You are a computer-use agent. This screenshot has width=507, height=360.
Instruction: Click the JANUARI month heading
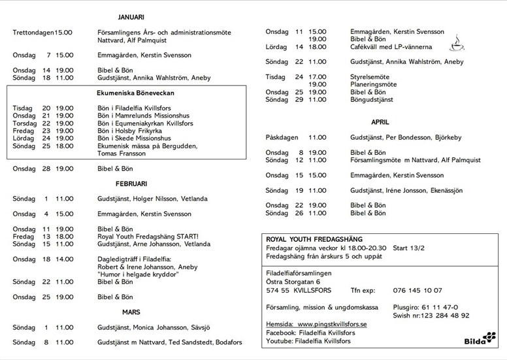coord(131,16)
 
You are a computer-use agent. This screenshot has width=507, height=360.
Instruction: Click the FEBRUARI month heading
coord(131,184)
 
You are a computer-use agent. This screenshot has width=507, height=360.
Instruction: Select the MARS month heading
coord(131,312)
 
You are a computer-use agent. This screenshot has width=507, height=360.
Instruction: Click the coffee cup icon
coord(457,44)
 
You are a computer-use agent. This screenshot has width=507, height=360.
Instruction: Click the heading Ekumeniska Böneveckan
coord(127,93)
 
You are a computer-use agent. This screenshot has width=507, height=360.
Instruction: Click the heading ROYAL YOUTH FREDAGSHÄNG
coord(314,239)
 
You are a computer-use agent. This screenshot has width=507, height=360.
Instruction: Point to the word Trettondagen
coord(33,32)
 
